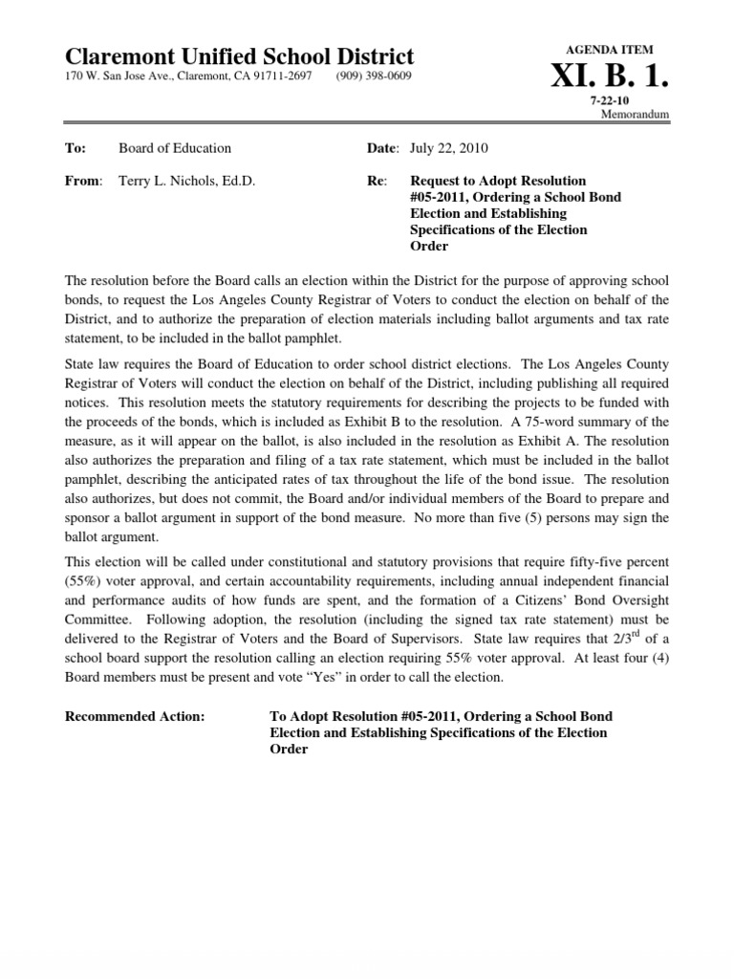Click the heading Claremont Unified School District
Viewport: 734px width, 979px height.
click(239, 56)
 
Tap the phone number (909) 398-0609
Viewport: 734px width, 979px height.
click(374, 76)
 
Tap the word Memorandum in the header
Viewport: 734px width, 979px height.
click(635, 114)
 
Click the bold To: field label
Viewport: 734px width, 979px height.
click(76, 148)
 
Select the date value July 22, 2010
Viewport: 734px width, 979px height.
click(448, 148)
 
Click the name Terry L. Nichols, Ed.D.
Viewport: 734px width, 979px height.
click(186, 181)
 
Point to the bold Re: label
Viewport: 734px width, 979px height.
click(376, 181)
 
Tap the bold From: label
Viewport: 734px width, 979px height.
click(83, 181)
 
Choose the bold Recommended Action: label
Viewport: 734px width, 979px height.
click(134, 716)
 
